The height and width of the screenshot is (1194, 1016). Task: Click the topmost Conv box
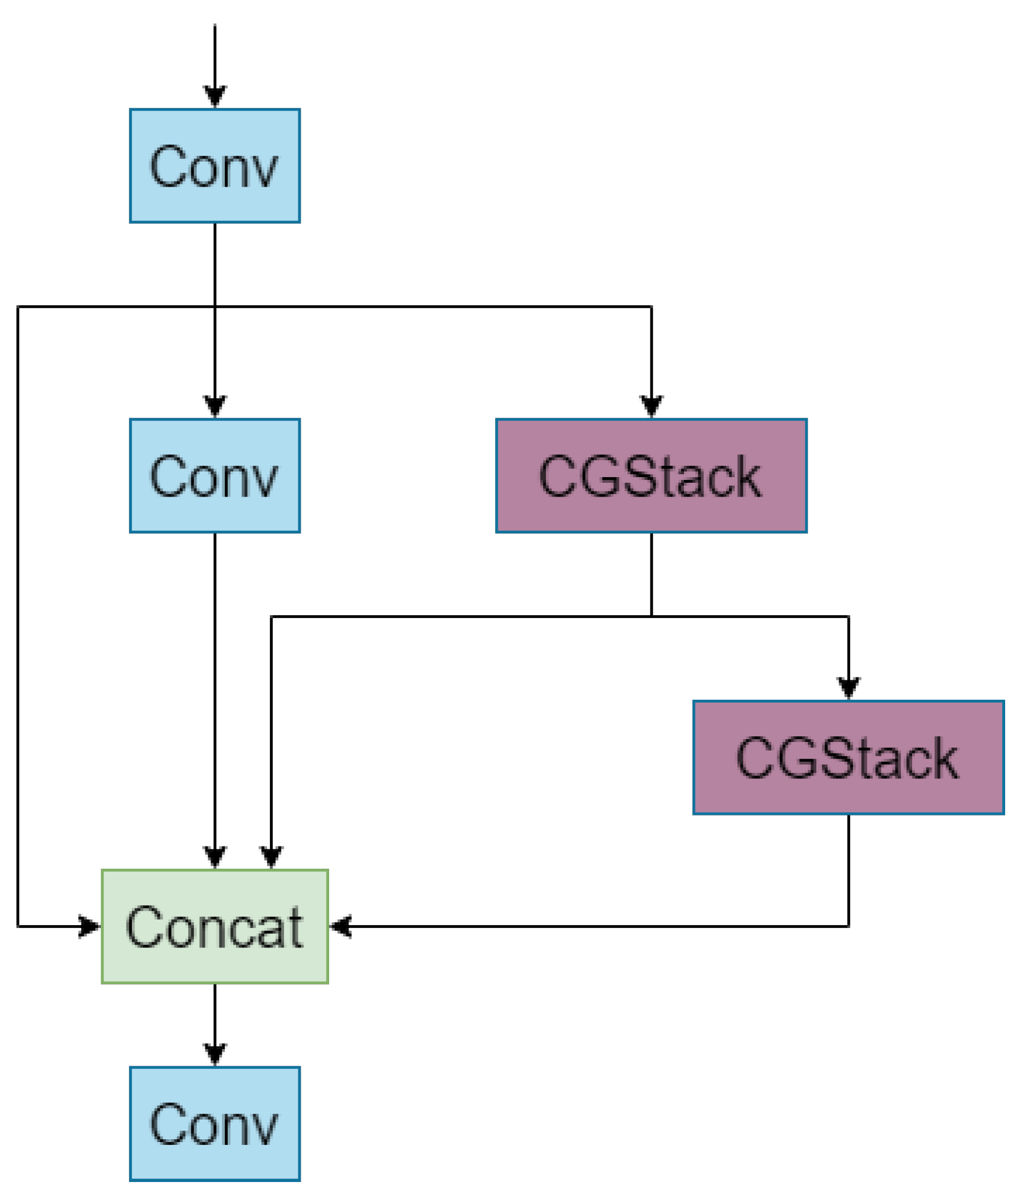pyautogui.click(x=215, y=166)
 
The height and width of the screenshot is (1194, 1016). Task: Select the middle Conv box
pyautogui.click(x=215, y=475)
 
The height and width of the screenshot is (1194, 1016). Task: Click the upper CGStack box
pyautogui.click(x=651, y=475)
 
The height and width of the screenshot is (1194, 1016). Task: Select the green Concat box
pyautogui.click(x=215, y=926)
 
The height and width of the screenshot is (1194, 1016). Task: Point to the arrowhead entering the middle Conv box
pyautogui.click(x=215, y=407)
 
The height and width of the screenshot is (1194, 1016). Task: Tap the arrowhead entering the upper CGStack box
pyautogui.click(x=651, y=407)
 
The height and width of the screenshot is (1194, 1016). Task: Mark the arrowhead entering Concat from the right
pyautogui.click(x=341, y=926)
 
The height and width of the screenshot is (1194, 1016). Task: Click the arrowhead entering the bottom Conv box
pyautogui.click(x=215, y=1055)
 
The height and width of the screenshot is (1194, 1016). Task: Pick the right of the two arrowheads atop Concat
pyautogui.click(x=272, y=857)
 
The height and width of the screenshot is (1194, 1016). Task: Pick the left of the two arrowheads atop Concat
pyautogui.click(x=215, y=857)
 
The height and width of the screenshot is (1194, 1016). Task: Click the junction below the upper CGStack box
pyautogui.click(x=651, y=616)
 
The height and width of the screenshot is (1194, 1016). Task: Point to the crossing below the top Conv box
pyautogui.click(x=215, y=306)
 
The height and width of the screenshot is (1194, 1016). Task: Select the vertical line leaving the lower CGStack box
pyautogui.click(x=848, y=864)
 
